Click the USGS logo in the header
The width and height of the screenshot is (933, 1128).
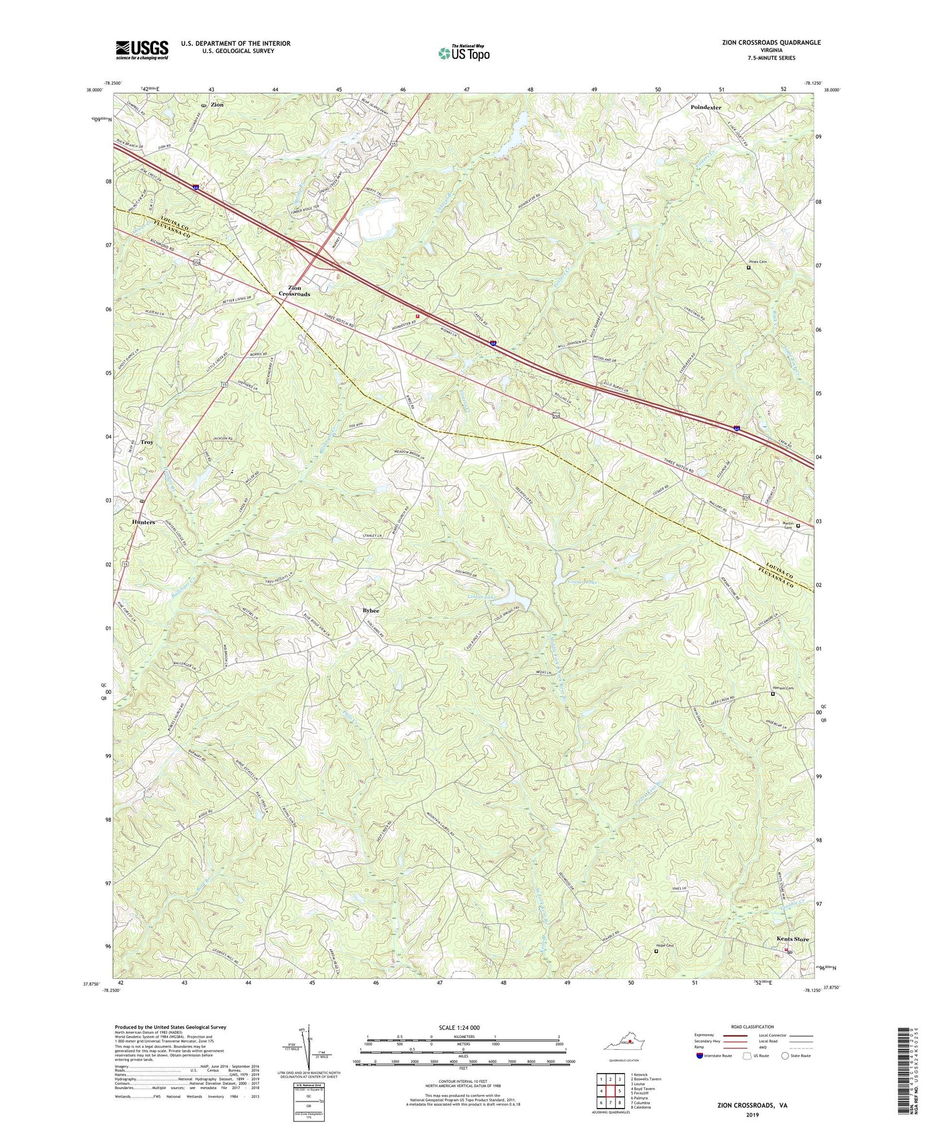[x=142, y=50]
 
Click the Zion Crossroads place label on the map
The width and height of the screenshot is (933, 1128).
[x=294, y=291]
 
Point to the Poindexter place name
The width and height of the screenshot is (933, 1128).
[x=706, y=107]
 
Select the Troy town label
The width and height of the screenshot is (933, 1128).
[x=147, y=443]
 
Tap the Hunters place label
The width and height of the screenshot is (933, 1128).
[x=143, y=522]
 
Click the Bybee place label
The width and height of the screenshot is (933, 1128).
[x=371, y=611]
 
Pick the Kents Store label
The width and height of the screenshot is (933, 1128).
[x=792, y=939]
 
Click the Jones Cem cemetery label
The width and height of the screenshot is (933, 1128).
[x=757, y=262]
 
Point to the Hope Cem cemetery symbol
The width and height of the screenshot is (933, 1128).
[x=656, y=951]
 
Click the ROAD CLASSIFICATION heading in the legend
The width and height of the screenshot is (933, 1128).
[x=752, y=1027]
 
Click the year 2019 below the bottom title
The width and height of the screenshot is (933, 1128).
[x=752, y=1114]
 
